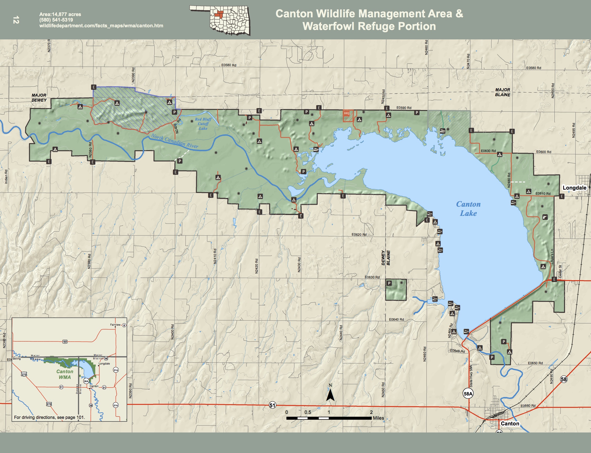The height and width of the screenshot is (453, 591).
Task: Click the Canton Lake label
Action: (468, 209)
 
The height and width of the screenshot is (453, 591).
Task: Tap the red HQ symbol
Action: (347, 113)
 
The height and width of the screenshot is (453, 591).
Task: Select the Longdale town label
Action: (574, 188)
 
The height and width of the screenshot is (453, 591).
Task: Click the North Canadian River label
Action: (174, 141)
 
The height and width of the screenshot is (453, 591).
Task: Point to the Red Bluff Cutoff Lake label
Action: (203, 124)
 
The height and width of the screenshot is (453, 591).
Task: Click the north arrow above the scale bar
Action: (330, 393)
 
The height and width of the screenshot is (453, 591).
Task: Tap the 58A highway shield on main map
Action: (468, 394)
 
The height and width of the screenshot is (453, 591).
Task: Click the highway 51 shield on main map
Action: (272, 405)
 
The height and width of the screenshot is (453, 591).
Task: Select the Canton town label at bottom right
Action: (510, 424)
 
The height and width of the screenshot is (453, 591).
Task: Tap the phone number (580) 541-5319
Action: (56, 20)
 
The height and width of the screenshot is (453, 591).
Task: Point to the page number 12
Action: (16, 20)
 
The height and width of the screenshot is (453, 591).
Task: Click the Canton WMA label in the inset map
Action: (65, 374)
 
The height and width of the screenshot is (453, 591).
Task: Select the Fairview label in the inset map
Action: (115, 325)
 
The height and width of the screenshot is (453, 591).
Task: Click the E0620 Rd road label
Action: (359, 235)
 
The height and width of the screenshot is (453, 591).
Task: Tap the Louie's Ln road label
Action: (552, 256)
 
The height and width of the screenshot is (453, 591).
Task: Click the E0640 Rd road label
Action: (396, 320)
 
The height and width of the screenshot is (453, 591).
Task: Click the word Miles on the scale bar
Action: (378, 418)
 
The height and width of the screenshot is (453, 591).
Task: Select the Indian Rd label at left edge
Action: (6, 177)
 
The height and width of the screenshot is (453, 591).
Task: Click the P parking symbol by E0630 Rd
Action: (389, 283)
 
